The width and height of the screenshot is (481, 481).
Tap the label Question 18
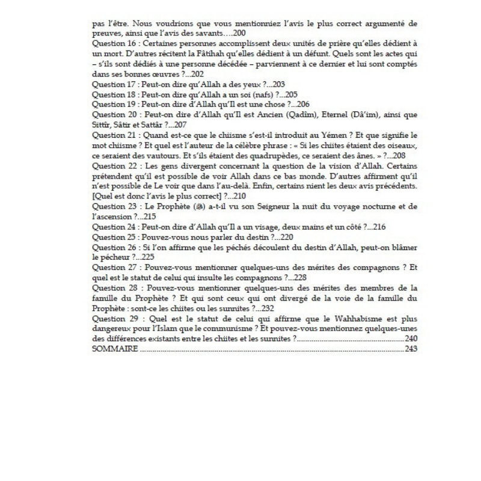(113, 94)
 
